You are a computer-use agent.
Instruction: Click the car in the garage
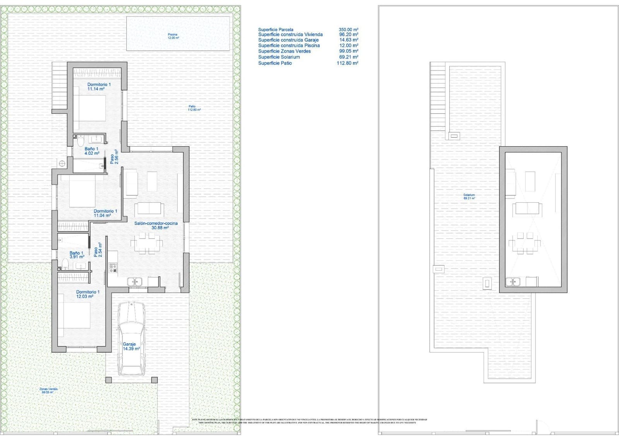132,339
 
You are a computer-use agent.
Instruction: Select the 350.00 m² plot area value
348,29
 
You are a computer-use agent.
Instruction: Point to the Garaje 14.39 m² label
131,346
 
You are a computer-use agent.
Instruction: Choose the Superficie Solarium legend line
279,57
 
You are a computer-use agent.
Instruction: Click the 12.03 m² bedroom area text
85,297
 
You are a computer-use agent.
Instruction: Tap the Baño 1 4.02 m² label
92,151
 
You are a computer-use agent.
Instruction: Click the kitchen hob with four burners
113,267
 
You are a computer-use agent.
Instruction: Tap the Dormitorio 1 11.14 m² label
99,86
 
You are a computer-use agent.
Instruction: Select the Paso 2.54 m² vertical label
97,250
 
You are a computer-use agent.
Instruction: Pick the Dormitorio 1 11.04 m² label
105,213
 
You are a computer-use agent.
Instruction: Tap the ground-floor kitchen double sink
135,282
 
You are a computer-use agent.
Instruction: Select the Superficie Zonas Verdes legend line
284,51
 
